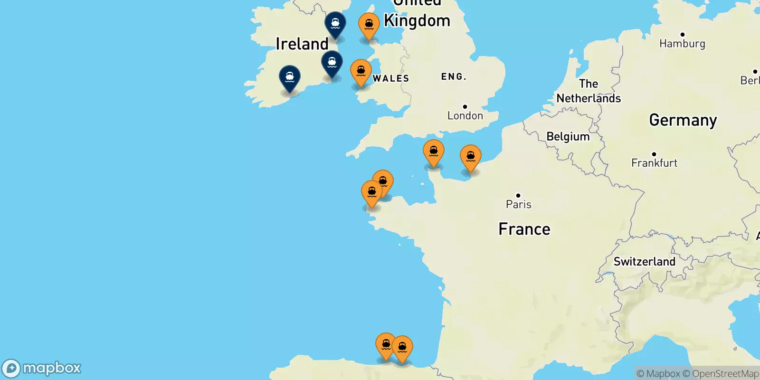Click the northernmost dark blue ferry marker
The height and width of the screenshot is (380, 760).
point(335,24)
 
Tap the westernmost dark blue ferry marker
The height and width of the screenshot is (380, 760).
point(290,77)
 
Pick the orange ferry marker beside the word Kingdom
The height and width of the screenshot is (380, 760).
point(369,25)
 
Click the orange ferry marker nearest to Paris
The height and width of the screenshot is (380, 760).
point(470,157)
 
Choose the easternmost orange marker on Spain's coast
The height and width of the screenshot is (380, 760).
point(402,348)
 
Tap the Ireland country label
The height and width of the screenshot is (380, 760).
point(302,44)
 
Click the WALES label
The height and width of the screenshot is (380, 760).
point(390,78)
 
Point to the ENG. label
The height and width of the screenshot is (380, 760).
point(454,76)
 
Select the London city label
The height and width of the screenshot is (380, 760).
point(465,115)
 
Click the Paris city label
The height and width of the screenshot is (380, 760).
point(518,204)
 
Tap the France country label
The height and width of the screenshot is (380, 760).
point(524,229)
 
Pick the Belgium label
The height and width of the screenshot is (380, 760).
point(568,137)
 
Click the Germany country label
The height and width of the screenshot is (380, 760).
point(683,120)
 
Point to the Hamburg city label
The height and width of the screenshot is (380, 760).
point(682,44)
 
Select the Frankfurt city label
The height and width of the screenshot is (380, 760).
point(654,163)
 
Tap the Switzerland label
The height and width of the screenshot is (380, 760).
point(644,262)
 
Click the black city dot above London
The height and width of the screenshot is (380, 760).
point(465,107)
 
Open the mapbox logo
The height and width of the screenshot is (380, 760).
point(42,368)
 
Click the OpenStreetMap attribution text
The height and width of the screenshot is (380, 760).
point(725,374)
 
